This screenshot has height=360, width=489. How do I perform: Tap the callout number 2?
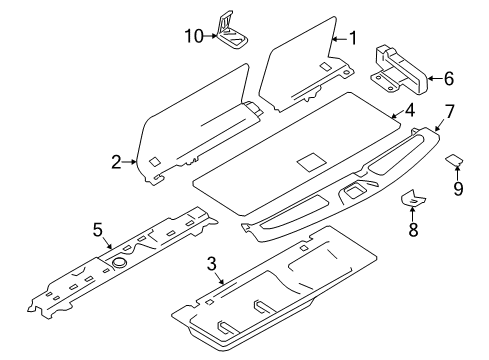117,160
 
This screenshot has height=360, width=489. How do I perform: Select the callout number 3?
211,263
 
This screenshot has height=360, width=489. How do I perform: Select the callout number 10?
195,35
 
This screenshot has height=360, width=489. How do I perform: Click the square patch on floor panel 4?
311,160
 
